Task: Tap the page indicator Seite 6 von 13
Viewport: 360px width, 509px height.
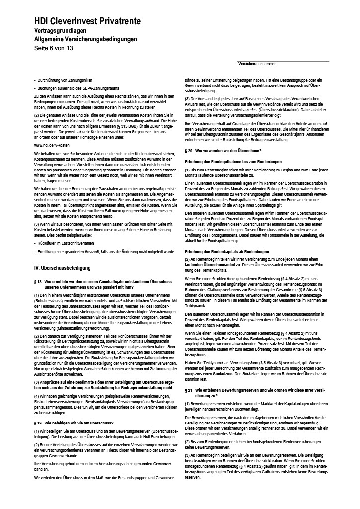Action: point(53,48)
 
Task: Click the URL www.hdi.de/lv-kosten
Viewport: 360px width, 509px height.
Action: point(51,145)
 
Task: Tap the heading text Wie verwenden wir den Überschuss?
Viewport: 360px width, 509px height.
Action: point(228,150)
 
